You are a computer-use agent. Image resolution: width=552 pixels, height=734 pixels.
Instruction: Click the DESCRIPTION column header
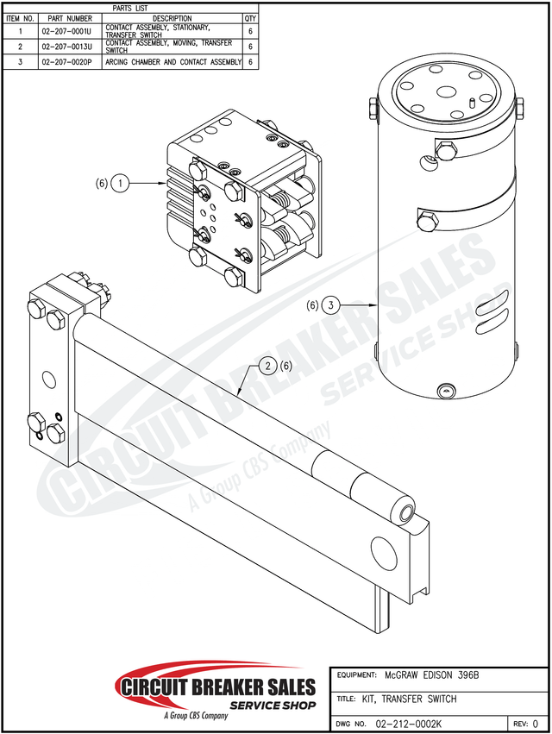[x=172, y=18]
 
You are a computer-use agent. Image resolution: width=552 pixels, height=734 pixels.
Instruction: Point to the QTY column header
[x=250, y=18]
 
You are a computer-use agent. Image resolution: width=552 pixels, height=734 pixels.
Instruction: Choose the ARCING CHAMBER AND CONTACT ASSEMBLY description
[x=172, y=62]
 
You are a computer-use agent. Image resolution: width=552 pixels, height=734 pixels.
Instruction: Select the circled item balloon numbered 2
[x=269, y=366]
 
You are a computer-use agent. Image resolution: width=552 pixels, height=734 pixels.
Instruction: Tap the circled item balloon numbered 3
[x=332, y=304]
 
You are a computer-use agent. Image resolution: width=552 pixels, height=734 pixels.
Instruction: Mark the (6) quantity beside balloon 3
[x=312, y=304]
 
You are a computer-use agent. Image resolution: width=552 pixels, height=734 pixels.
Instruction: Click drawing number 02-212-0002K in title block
[x=410, y=725]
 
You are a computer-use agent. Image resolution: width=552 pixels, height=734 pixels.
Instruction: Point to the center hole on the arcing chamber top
[x=446, y=93]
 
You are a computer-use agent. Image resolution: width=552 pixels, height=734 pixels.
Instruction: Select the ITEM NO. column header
[x=20, y=18]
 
